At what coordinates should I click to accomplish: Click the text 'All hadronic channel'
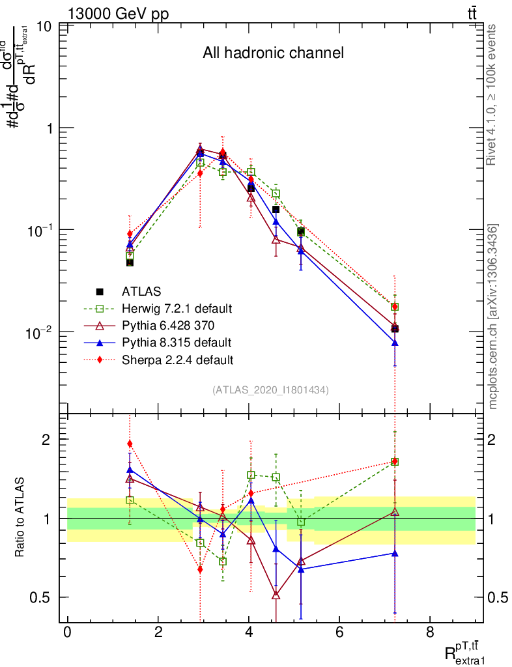(x=272, y=53)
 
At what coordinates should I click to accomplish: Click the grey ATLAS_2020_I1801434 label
(x=270, y=390)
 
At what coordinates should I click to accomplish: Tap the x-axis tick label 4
(x=249, y=632)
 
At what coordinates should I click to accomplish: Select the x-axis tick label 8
(x=430, y=632)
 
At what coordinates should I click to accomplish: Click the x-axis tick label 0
(x=68, y=632)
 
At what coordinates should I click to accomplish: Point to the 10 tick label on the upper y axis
(x=45, y=27)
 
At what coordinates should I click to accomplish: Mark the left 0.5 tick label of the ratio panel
(x=42, y=597)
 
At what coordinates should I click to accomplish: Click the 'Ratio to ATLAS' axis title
(x=20, y=518)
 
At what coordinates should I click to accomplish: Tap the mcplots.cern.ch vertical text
(x=492, y=316)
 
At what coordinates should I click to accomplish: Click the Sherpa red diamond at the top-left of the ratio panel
(x=130, y=444)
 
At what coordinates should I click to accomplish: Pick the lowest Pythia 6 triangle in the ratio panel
(x=276, y=595)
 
